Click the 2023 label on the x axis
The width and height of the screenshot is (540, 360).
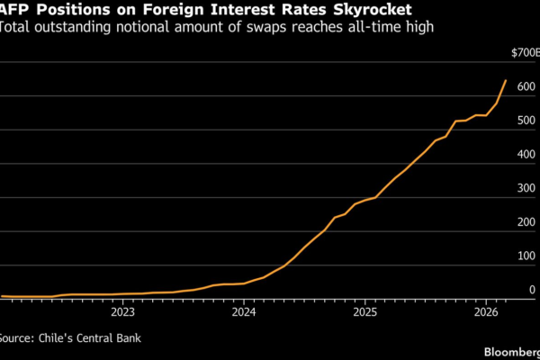pyautogui.click(x=122, y=313)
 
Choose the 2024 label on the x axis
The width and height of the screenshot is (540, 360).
pyautogui.click(x=244, y=313)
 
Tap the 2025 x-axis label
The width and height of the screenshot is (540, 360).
pyautogui.click(x=364, y=313)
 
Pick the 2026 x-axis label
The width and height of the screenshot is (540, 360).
pyautogui.click(x=486, y=313)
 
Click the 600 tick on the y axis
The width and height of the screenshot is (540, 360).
pyautogui.click(x=526, y=88)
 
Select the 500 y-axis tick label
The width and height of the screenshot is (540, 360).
pyautogui.click(x=526, y=121)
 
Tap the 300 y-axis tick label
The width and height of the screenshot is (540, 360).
pyautogui.click(x=526, y=189)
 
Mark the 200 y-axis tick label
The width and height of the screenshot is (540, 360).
pyautogui.click(x=526, y=223)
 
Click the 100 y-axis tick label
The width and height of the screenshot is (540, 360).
pyautogui.click(x=526, y=257)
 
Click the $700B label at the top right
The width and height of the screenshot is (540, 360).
pyautogui.click(x=525, y=54)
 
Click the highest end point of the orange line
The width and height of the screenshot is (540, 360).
pyautogui.click(x=506, y=81)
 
